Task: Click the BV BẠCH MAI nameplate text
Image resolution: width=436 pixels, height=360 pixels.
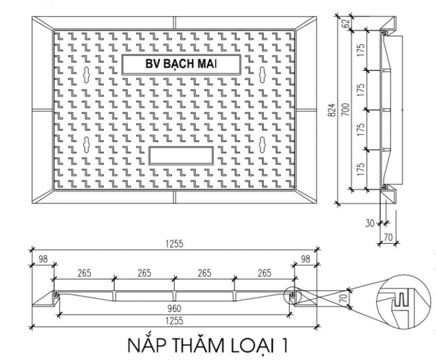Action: [x=181, y=64]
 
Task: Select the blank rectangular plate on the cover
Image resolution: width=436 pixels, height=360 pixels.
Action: [x=181, y=156]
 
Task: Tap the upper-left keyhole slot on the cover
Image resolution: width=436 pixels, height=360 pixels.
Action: [x=86, y=74]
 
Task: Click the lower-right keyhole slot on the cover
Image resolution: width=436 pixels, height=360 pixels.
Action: [x=262, y=144]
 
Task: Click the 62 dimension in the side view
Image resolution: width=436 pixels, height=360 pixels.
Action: [x=346, y=23]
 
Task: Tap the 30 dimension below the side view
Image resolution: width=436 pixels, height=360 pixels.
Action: [x=370, y=223]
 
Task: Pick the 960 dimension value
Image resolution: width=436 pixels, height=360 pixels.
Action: [x=174, y=308]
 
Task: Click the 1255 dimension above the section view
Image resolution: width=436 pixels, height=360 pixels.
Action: [x=174, y=244]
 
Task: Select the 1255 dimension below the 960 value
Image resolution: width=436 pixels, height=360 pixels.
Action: [x=174, y=321]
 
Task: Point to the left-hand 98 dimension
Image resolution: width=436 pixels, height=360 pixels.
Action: [x=43, y=259]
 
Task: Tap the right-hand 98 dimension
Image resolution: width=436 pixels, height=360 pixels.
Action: [x=305, y=259]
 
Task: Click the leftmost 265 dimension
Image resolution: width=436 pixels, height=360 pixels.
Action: [x=84, y=273]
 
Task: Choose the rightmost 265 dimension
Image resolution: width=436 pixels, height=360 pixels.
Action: [x=265, y=273]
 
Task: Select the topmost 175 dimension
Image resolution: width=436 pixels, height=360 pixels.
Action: [x=360, y=50]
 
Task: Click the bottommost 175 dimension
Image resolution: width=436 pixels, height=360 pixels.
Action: [x=360, y=169]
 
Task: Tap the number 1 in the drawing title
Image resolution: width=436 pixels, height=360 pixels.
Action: [x=284, y=346]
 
